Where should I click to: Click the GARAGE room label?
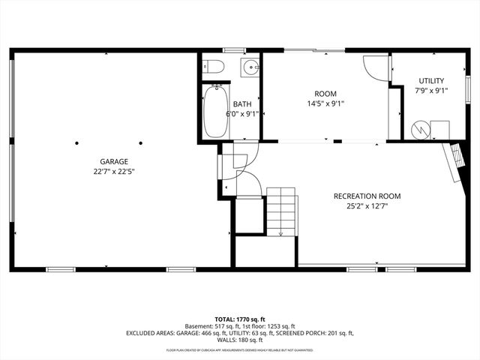tap(115, 161)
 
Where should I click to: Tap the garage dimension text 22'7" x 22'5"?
tap(115, 171)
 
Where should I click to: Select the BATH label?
tap(242, 104)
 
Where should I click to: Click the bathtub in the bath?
tap(215, 110)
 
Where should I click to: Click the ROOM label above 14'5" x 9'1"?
tap(325, 94)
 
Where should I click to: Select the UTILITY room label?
tap(431, 80)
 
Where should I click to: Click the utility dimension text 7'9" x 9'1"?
tap(431, 91)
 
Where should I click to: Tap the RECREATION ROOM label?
tap(367, 196)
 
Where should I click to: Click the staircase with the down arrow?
tap(283, 212)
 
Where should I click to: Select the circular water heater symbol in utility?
tap(420, 130)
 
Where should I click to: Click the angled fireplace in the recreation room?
tap(452, 161)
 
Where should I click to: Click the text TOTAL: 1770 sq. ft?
tap(240, 319)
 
